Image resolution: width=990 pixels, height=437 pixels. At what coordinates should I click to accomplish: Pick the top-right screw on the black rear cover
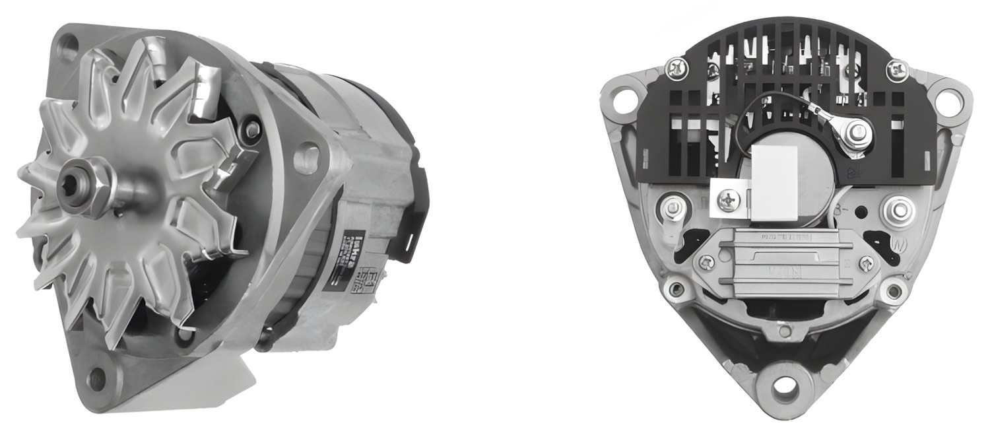(x=896, y=67)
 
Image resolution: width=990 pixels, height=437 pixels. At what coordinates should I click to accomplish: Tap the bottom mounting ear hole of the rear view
(x=785, y=387)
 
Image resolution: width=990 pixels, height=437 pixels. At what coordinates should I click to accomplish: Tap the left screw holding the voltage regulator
(x=707, y=265)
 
